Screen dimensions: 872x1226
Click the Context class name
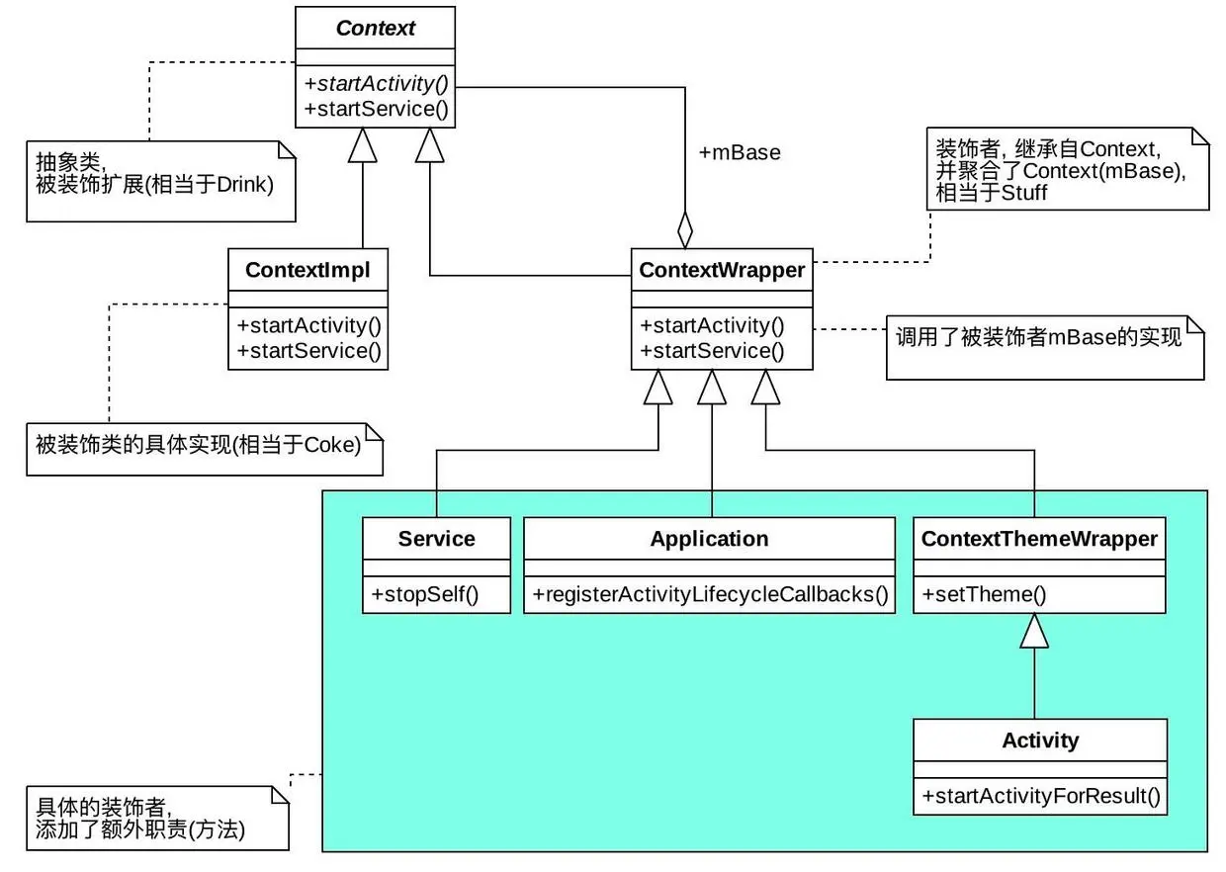tap(376, 28)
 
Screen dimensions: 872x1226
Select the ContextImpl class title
tap(307, 269)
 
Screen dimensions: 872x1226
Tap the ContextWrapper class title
tap(722, 270)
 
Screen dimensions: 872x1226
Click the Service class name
tap(436, 539)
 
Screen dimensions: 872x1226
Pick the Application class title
tap(709, 539)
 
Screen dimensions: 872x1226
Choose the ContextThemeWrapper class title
tap(1039, 539)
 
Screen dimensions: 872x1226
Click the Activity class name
tap(1040, 741)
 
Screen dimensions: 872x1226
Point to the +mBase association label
tap(740, 152)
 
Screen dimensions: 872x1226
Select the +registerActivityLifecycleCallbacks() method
tap(710, 594)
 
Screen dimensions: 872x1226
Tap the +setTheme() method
tap(984, 594)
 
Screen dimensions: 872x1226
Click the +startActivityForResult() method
tap(1041, 796)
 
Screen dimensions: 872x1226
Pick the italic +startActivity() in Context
tap(377, 83)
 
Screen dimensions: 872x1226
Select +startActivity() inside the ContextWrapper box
tap(712, 325)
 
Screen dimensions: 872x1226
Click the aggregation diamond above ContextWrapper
tap(685, 229)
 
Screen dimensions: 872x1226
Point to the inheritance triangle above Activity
tap(1035, 631)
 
